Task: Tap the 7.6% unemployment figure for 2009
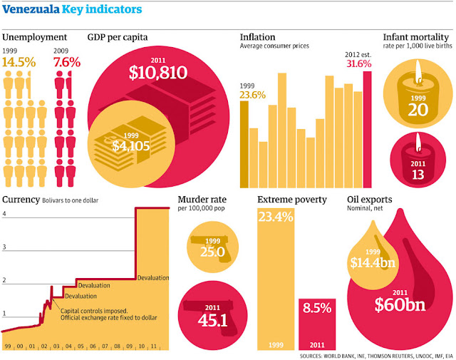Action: [x=67, y=62]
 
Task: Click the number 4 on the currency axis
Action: [x=4, y=214]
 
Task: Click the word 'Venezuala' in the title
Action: [x=31, y=10]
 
